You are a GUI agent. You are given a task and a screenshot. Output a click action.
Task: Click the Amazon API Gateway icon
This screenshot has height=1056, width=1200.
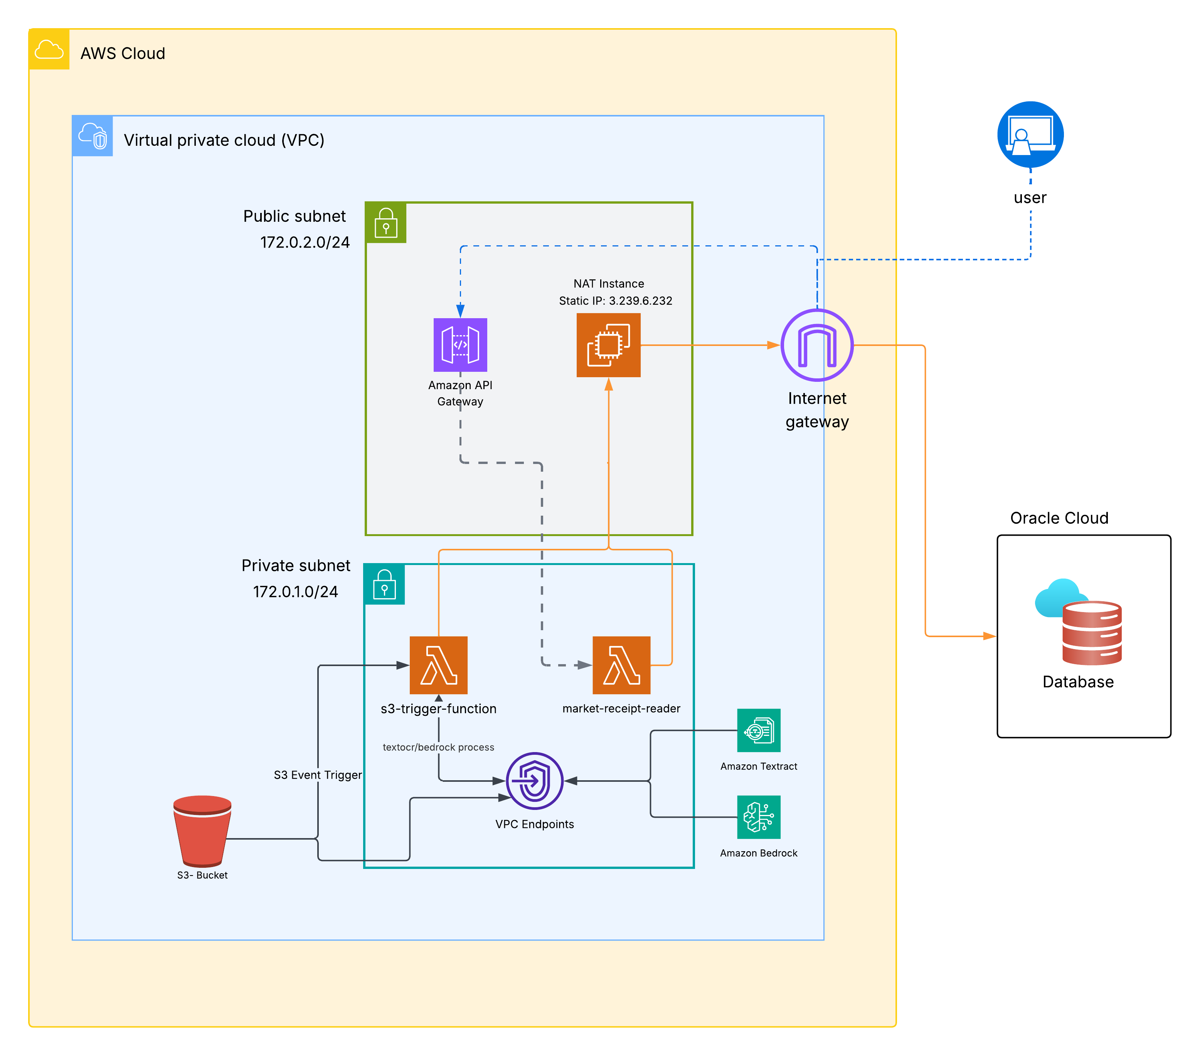point(460,345)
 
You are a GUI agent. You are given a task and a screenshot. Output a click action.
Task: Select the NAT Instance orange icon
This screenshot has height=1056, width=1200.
point(608,345)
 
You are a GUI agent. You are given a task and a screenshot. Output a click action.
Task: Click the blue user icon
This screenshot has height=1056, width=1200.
point(1030,135)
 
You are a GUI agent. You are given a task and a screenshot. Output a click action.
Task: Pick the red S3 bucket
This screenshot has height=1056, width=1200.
point(202,831)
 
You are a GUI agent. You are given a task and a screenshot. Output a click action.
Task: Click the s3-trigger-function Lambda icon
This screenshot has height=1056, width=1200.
point(439,665)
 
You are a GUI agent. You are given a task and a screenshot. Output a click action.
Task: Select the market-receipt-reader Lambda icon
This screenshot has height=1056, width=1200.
point(621,665)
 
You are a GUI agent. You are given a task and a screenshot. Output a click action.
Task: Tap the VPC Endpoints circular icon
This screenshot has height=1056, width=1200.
point(534,781)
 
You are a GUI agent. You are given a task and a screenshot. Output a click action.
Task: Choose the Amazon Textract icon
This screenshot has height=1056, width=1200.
point(759,730)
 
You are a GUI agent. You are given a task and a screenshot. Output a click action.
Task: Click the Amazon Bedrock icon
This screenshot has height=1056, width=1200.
point(759,817)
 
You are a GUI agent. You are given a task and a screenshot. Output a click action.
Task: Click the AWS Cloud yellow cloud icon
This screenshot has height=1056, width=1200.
point(49,49)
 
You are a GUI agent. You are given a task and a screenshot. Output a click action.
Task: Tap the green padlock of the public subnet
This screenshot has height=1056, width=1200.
point(386,223)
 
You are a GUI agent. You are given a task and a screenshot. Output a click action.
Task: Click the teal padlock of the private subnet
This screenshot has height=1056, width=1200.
point(385,584)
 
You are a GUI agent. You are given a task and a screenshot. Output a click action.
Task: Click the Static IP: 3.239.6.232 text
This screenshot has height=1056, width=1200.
point(615,301)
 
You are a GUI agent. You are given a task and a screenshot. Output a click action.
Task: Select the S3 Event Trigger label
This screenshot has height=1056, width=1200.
point(318,775)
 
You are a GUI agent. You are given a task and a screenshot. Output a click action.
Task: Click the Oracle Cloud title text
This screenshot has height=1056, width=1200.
point(1059,518)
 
